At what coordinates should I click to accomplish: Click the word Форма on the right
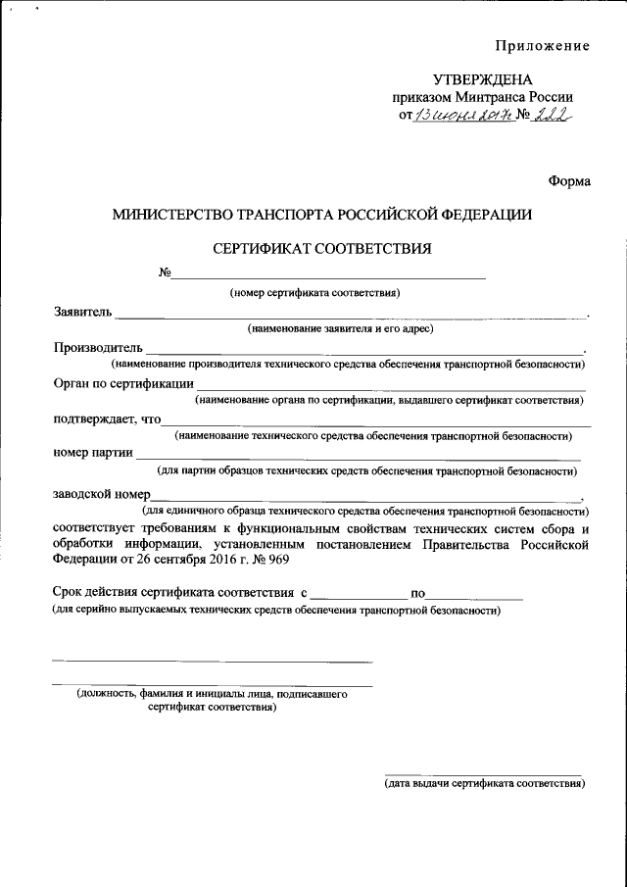[569, 179]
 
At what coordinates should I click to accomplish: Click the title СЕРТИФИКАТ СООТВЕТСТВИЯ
[322, 248]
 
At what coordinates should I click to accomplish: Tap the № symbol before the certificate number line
[165, 272]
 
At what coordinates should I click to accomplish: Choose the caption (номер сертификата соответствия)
[314, 292]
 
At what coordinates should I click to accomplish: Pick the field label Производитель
[98, 348]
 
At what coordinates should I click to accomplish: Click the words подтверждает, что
[107, 419]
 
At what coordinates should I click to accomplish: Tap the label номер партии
[93, 453]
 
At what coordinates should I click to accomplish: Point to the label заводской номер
[101, 494]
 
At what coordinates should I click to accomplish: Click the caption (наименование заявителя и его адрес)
[340, 328]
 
